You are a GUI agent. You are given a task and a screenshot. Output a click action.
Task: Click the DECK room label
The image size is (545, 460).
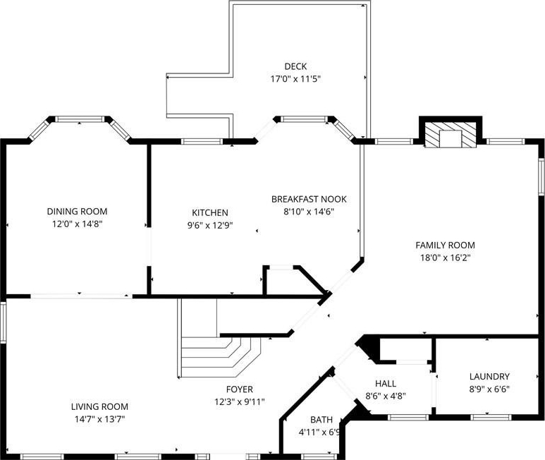point(295,66)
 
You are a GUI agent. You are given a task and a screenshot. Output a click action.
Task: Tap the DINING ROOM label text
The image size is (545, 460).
point(77,212)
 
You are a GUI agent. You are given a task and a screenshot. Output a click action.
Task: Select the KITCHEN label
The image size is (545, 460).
point(210,213)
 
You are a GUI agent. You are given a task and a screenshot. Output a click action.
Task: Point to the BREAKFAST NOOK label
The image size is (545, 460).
point(309,199)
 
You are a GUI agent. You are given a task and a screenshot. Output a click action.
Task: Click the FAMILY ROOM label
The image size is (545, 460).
point(446,245)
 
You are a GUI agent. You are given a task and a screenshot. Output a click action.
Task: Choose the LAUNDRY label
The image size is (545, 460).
point(489,376)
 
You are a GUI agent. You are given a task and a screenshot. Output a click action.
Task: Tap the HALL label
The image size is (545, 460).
point(386,384)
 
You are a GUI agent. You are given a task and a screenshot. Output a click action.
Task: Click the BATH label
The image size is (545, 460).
point(322,420)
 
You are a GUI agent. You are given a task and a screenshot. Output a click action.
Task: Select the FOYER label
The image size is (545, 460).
point(240,389)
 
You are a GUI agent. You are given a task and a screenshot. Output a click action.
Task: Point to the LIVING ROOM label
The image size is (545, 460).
point(99,406)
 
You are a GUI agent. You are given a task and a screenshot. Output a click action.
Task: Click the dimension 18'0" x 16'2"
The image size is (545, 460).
point(446,258)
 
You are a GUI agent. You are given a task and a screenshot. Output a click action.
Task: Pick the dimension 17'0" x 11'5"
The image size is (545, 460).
point(295,79)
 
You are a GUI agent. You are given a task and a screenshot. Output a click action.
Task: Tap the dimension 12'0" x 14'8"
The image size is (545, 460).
point(77,224)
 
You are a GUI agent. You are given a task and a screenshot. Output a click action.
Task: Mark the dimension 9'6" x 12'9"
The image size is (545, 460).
point(210,226)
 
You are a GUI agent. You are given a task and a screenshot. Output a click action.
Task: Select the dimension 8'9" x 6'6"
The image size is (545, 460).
point(489,389)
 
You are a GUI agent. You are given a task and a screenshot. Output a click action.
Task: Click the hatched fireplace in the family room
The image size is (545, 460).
point(451,135)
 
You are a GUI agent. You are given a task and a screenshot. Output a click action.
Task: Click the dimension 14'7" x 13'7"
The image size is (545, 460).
point(99,419)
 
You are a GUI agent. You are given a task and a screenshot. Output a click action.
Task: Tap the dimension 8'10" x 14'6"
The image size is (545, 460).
point(309,212)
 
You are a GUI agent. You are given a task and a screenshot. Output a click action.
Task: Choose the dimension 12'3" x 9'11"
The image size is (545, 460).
point(240,402)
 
